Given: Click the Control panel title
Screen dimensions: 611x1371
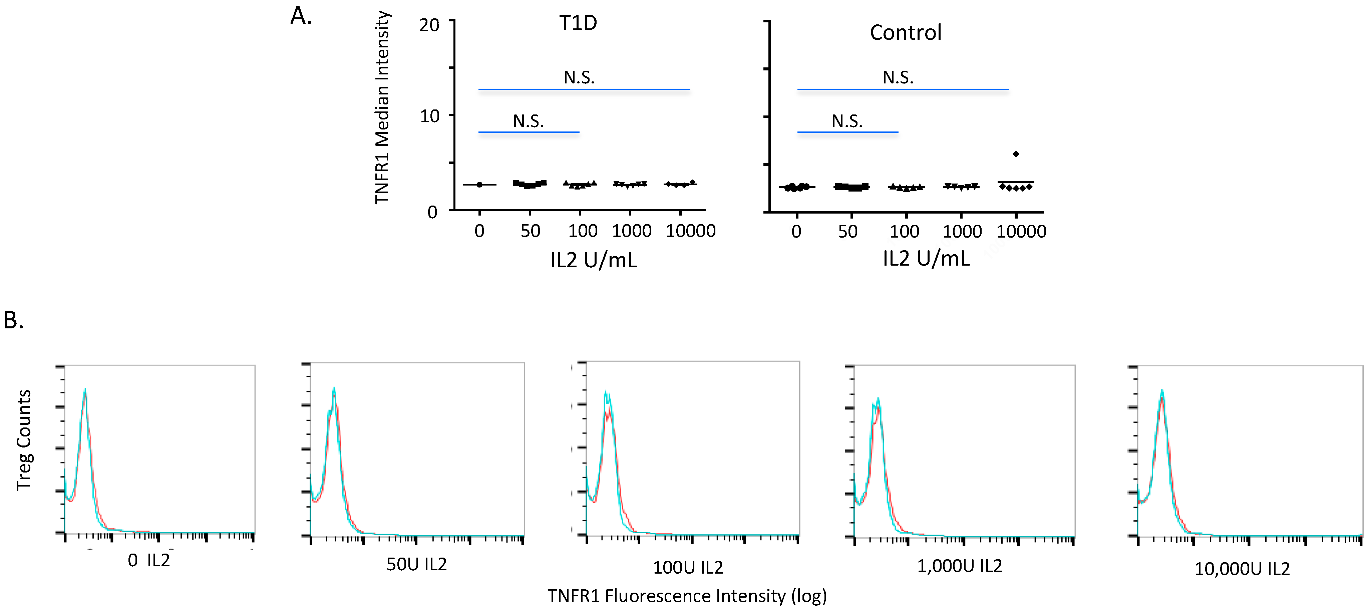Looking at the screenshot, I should coord(905,32).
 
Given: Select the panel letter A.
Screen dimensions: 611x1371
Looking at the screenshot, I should coord(301,16).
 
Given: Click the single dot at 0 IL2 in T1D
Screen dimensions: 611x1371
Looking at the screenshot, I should coord(479,185).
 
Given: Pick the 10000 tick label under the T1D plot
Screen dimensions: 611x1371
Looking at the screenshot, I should coord(690,231).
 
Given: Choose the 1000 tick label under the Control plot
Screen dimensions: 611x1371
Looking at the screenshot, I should coord(962,232).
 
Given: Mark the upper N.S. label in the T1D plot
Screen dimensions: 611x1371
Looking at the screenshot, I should coord(579,78).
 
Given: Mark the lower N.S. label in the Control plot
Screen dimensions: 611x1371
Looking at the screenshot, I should coord(847,121).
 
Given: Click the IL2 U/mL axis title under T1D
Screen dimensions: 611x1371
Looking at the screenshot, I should coord(594,260).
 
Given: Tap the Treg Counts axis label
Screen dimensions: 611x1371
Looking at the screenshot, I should coord(24,439).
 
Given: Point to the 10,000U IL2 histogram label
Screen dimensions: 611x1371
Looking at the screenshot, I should coord(1242,569).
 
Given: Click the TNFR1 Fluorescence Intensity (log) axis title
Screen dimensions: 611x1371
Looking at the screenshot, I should coord(687,596).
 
